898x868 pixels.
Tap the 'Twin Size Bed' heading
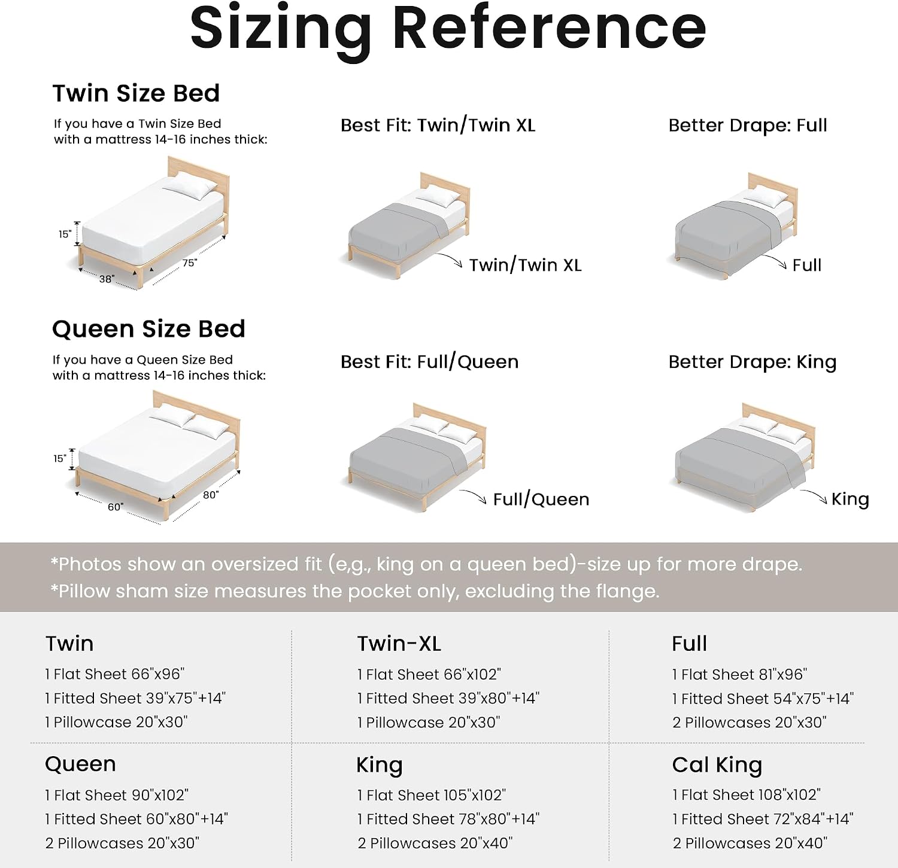point(136,93)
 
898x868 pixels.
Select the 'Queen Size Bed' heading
point(148,329)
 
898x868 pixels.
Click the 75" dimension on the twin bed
point(190,263)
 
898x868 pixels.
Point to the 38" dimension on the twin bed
point(107,279)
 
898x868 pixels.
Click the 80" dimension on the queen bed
point(211,495)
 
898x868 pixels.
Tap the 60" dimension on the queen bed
point(116,507)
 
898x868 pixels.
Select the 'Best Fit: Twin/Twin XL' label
point(438,126)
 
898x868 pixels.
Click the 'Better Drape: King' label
point(753,363)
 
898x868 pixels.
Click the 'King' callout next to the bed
point(850,500)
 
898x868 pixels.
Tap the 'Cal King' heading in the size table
point(717,765)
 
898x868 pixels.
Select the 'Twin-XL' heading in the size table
point(399,644)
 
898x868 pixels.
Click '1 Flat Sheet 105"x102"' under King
point(432,795)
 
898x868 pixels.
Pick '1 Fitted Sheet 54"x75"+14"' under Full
point(763,699)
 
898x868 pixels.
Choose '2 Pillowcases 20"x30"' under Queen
point(122,843)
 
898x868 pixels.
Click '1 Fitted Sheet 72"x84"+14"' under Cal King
point(763,819)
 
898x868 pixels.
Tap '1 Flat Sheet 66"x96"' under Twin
point(115,674)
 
